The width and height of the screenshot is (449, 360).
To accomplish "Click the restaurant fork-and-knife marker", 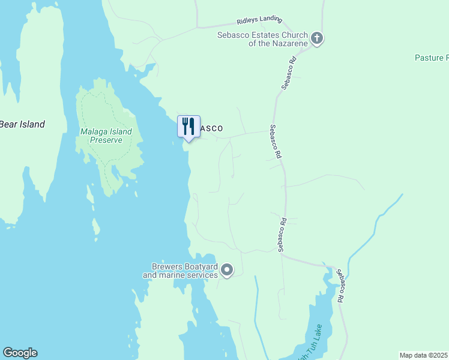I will tap(188, 126).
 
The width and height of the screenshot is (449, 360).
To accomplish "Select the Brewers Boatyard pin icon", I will tap(227, 271).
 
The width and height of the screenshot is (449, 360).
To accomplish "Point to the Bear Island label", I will tap(22, 124).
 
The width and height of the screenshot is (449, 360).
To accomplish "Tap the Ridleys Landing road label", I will tap(258, 20).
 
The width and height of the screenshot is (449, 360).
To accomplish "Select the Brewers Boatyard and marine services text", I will tap(180, 271).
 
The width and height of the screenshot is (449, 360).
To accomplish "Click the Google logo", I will tap(20, 353).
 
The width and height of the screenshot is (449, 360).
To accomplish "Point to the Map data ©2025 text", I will tap(424, 355).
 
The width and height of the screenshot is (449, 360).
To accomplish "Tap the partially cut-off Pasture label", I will tap(431, 58).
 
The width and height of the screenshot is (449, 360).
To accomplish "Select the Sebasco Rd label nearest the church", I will tap(289, 73).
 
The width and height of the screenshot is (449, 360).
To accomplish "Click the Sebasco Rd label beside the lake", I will tap(340, 285).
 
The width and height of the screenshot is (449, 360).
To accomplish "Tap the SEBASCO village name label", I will tap(211, 128).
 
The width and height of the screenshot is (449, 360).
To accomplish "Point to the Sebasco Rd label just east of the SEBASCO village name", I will tap(276, 141).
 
